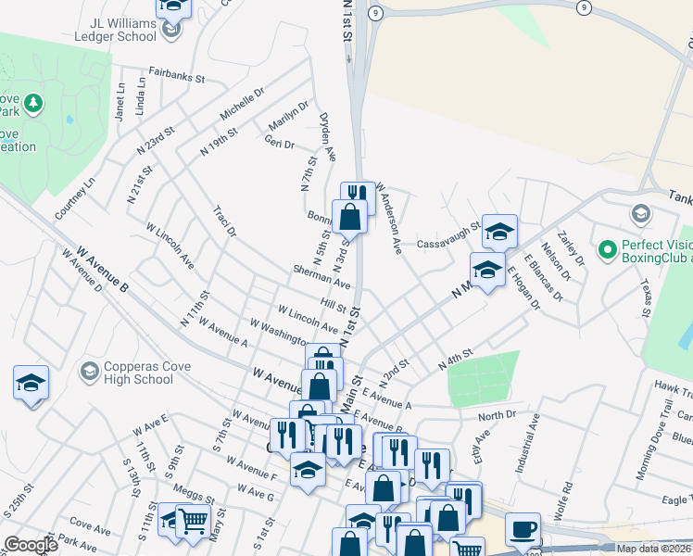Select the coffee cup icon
(x=523, y=529)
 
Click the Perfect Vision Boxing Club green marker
(x=608, y=249)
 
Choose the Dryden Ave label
(x=327, y=136)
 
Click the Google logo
(x=31, y=545)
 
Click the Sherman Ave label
(x=321, y=275)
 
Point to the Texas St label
(x=646, y=294)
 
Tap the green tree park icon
(x=33, y=101)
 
